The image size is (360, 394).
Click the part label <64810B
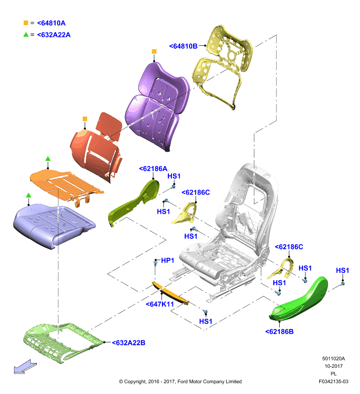point(183,46)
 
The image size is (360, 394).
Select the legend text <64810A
point(51,23)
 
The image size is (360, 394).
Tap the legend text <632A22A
point(54,35)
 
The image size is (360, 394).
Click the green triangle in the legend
point(26,34)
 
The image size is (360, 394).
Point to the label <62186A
point(153,168)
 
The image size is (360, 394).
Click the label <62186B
point(279,331)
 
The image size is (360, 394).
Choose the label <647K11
point(160,304)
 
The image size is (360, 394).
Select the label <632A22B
point(129,343)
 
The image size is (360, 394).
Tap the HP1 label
point(167,261)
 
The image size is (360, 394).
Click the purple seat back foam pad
point(157,105)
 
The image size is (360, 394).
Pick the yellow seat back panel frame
point(222,66)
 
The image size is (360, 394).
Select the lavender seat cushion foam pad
point(54,225)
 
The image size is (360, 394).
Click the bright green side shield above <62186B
point(299,299)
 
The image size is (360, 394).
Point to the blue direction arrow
point(25,367)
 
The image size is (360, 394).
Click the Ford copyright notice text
point(180,382)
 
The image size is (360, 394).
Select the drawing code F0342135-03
point(333,382)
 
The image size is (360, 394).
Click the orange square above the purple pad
point(154,52)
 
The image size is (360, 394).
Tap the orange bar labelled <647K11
point(170,293)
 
